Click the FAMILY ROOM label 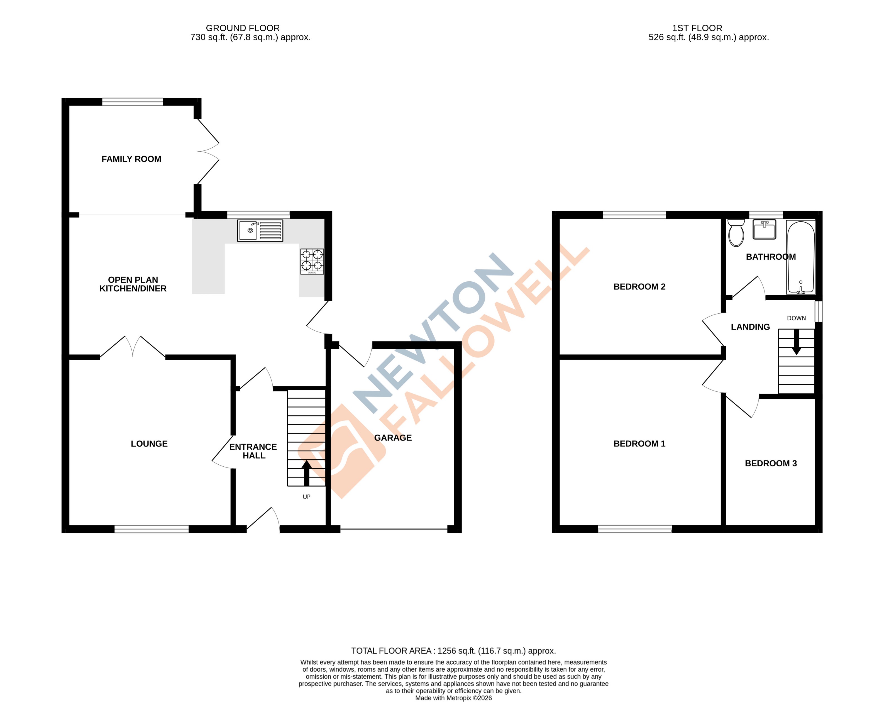(x=131, y=159)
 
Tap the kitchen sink (x=260, y=230)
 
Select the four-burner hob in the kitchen (x=312, y=261)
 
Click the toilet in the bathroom (x=736, y=233)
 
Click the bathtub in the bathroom (x=801, y=257)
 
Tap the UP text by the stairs (x=306, y=497)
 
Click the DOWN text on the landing (x=796, y=318)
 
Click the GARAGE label (x=393, y=438)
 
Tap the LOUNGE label (x=149, y=444)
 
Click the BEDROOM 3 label (x=771, y=463)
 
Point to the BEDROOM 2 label (x=639, y=287)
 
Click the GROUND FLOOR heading (x=243, y=28)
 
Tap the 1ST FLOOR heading (x=697, y=28)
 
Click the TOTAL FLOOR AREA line (x=453, y=651)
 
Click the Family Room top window (x=133, y=102)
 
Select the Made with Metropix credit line (x=453, y=698)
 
